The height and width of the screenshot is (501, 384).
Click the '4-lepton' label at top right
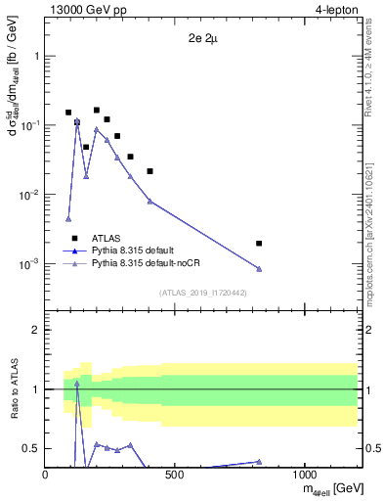click(336, 9)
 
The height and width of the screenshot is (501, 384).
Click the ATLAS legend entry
click(106, 238)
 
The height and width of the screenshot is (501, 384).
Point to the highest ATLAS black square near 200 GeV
click(97, 111)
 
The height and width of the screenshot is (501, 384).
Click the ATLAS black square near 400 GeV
click(149, 171)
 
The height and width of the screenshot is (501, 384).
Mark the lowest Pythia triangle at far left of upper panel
click(68, 219)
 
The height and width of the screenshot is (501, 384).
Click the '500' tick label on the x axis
click(175, 475)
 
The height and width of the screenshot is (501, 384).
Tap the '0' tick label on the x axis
click(46, 475)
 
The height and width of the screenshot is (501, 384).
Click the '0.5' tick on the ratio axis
click(30, 448)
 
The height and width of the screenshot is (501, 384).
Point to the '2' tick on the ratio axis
click(35, 330)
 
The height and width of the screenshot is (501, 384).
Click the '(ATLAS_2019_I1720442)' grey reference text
click(202, 293)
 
